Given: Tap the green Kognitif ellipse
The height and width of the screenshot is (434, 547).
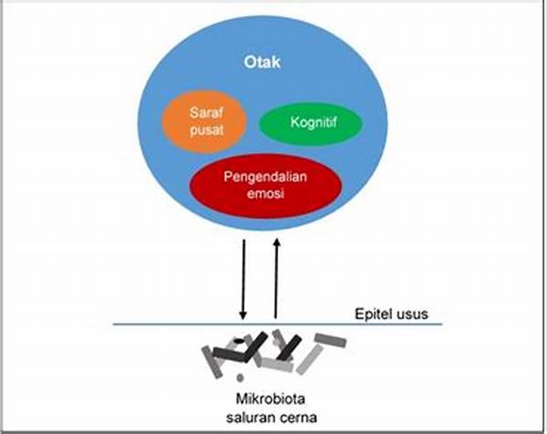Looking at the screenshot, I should [x=311, y=122].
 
